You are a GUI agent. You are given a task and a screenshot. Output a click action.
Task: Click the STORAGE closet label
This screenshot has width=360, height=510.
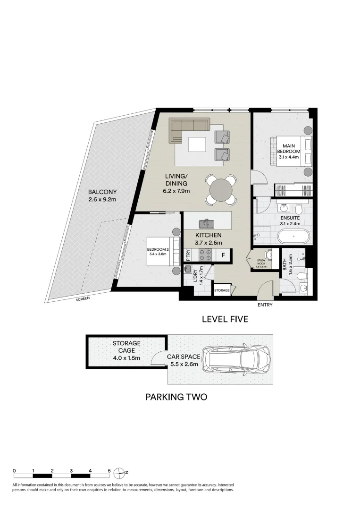coord(222,291)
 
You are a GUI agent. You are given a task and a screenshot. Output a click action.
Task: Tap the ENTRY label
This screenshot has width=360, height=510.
coord(265,305)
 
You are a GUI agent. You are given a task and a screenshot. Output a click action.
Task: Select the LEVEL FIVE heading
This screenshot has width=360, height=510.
coord(225,320)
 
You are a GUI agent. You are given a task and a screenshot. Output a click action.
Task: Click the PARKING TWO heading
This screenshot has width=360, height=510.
coord(176,397)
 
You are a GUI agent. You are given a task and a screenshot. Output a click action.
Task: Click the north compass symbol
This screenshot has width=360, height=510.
coord(122,472)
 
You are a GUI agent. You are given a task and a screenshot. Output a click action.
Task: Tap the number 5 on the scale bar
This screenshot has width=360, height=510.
coord(109,471)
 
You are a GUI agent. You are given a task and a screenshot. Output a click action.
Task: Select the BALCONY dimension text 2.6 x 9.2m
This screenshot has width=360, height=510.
coord(102,200)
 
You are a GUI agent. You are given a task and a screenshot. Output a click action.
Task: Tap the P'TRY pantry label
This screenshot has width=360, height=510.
coord(188,255)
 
